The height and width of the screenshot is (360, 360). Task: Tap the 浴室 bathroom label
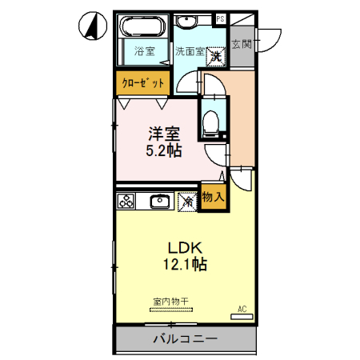click(x=144, y=52)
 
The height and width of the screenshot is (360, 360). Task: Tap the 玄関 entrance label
click(x=242, y=43)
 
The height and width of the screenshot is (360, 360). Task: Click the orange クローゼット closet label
click(x=144, y=82)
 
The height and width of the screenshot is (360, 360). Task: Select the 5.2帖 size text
click(x=162, y=149)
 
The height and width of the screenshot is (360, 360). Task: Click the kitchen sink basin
click(x=159, y=201)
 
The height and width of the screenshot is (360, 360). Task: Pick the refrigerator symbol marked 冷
click(x=187, y=202)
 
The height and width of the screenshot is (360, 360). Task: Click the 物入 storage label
click(x=212, y=196)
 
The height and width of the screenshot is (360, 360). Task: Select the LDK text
click(x=182, y=246)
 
